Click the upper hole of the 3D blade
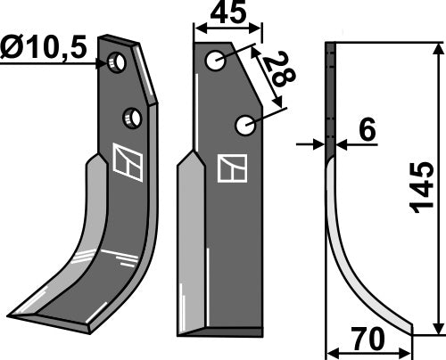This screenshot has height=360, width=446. tap(116, 62)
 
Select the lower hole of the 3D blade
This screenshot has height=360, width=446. tap(132, 117)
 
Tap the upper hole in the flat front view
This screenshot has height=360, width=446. tap(214, 61)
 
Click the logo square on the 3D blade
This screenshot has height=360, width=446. tap(126, 164)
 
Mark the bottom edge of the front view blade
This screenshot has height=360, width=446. tap(223, 331)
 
